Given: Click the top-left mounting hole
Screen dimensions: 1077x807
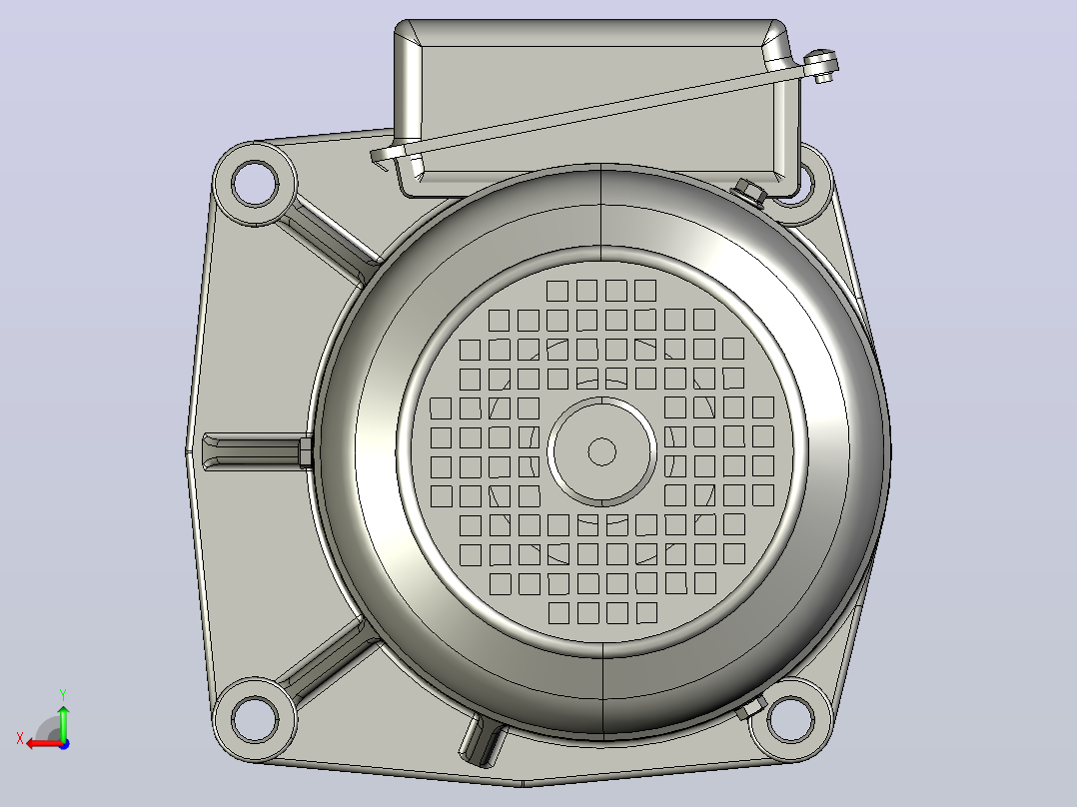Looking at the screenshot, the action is coord(255,183).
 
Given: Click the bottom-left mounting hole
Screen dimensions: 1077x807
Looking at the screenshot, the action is coord(255,718).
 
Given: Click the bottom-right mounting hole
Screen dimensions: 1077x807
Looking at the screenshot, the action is coord(790,719).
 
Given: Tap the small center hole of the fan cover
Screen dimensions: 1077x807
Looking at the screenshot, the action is coord(602,451).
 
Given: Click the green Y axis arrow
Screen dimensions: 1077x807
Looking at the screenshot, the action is coord(63,721).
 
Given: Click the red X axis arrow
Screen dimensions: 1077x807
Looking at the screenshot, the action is coord(45,743).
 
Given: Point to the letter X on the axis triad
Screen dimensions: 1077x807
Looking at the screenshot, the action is coord(20,739).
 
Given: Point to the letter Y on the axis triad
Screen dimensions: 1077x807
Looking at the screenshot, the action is coord(63,694).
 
